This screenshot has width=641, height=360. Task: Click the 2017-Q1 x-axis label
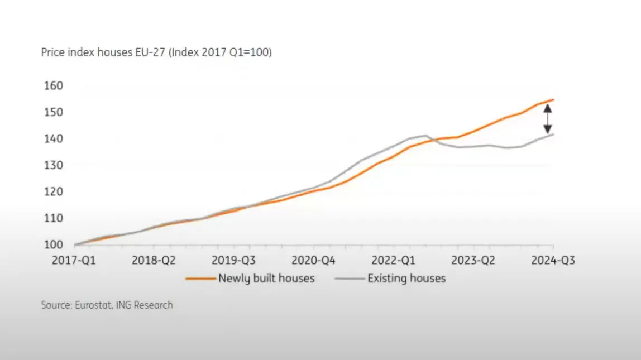click(74, 261)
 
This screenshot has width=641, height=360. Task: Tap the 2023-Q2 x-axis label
click(473, 261)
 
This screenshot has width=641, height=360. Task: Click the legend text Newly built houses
click(266, 278)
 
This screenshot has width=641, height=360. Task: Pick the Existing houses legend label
click(406, 278)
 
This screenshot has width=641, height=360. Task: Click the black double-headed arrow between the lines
click(548, 119)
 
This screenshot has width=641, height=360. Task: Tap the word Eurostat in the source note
click(92, 305)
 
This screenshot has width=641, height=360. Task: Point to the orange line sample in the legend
click(200, 278)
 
